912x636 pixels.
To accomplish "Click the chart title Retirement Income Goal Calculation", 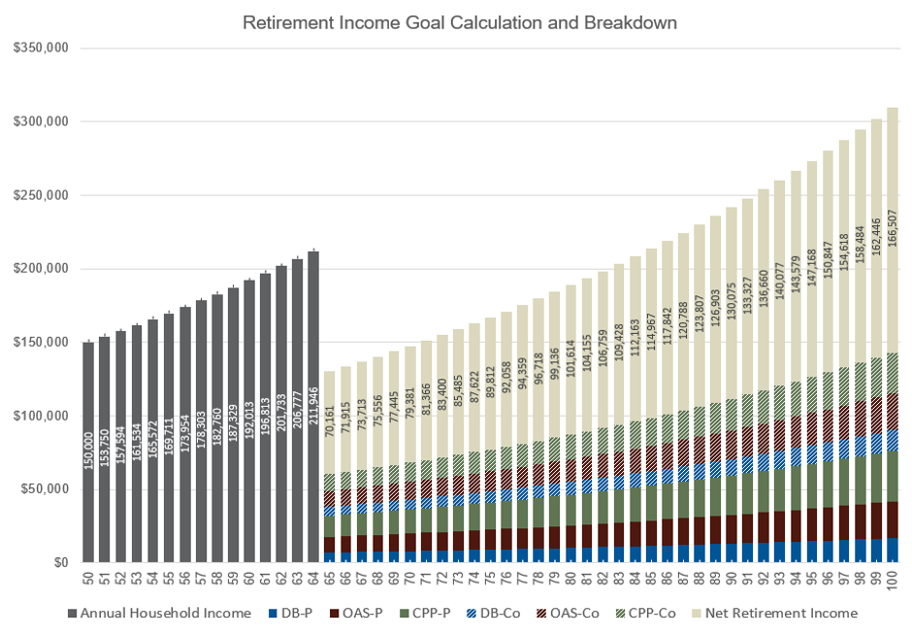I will (x=455, y=21).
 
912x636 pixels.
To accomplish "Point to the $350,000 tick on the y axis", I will (x=39, y=48).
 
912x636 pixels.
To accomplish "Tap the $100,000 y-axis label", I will (x=39, y=416).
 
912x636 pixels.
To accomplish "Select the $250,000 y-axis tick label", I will (x=39, y=195).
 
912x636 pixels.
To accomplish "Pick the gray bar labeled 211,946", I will (x=313, y=408).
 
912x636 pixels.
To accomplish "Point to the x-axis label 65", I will (x=330, y=579).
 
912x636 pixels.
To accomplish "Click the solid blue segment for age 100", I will (x=892, y=551).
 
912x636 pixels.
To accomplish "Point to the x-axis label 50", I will (x=88, y=579).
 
